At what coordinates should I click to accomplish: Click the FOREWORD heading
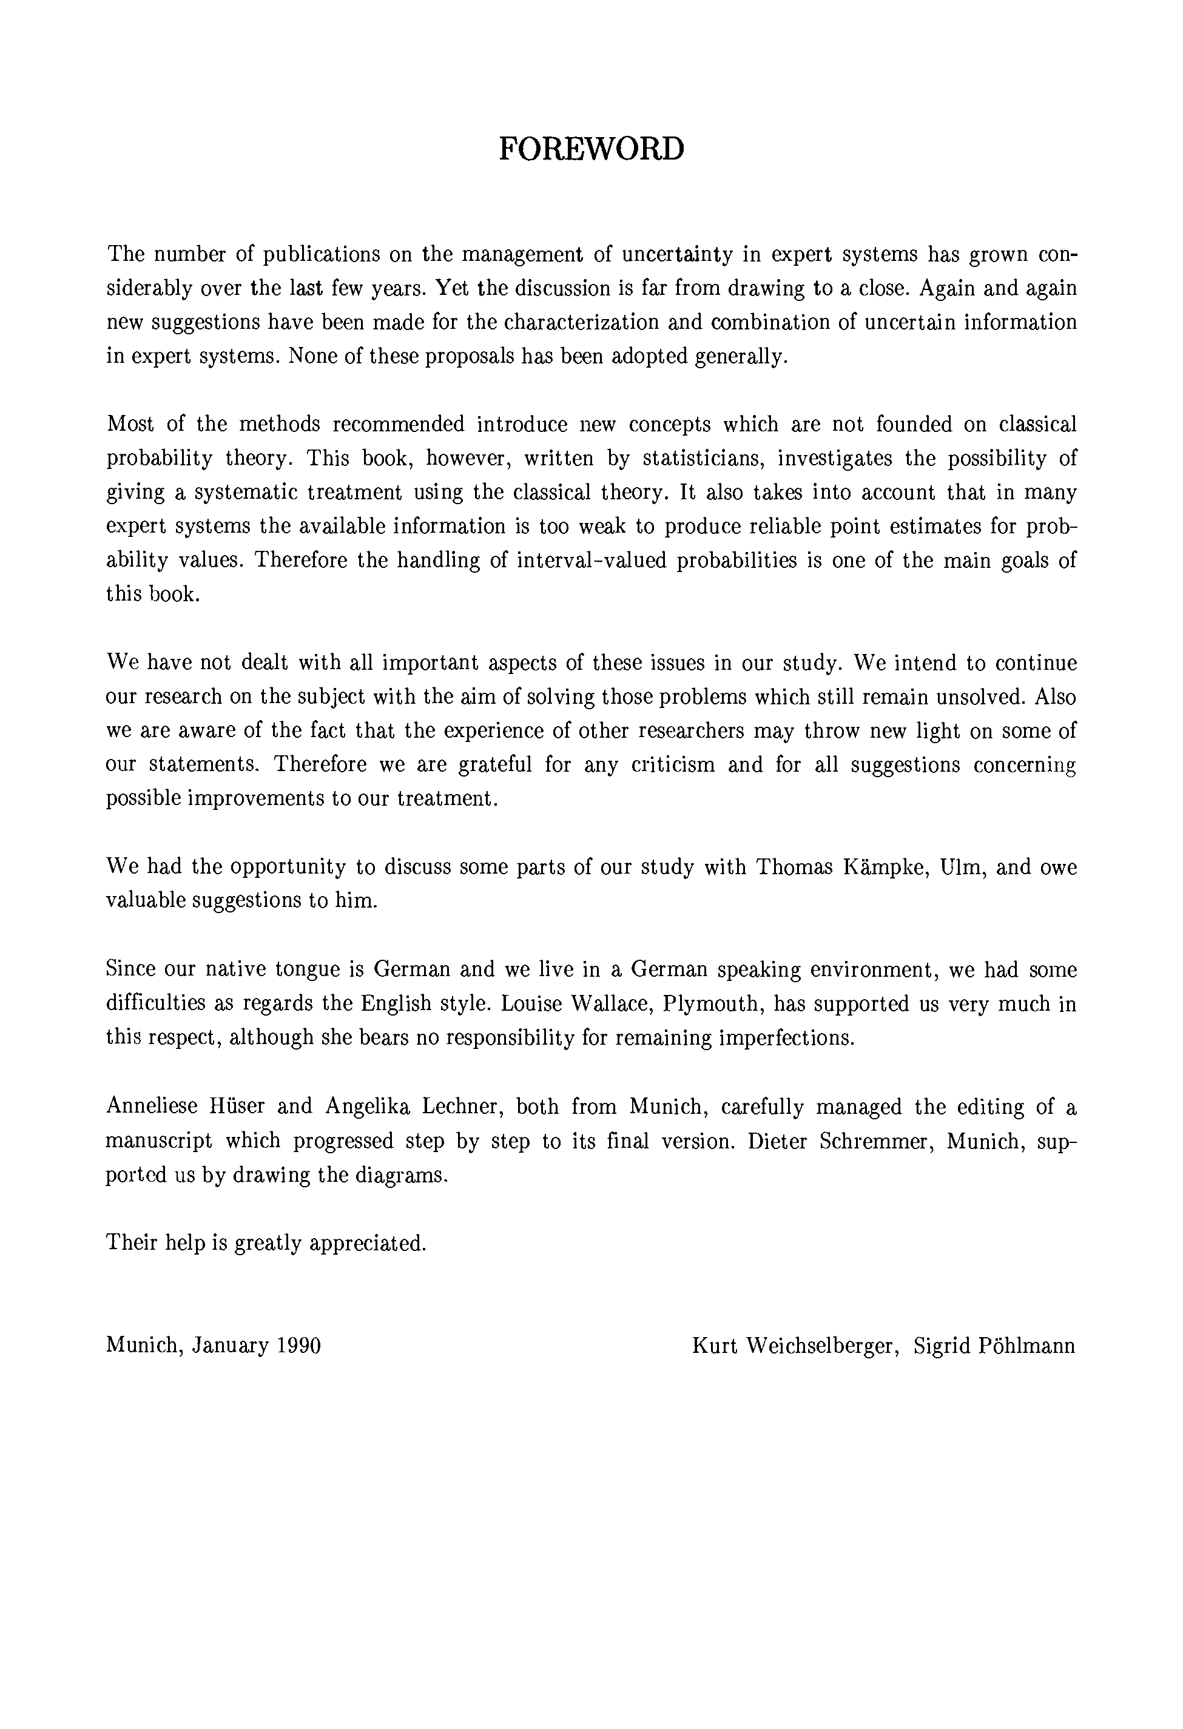point(591,149)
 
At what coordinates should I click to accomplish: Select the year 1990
point(298,1345)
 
